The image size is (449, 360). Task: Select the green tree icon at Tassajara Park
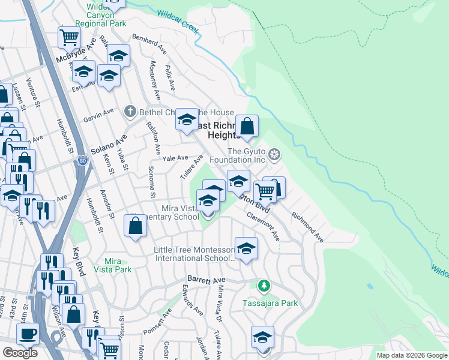pos(262,285)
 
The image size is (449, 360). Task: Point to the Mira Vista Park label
pos(109,265)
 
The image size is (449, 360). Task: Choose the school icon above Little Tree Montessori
pos(246,248)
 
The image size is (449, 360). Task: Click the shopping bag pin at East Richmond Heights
pos(247,127)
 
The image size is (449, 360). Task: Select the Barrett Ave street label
pos(206,280)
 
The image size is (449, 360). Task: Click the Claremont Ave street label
pos(262,228)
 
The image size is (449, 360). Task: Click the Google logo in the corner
pos(20,353)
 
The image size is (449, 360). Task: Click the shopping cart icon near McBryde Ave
pos(69,37)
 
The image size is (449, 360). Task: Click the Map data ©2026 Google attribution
pos(412,355)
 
